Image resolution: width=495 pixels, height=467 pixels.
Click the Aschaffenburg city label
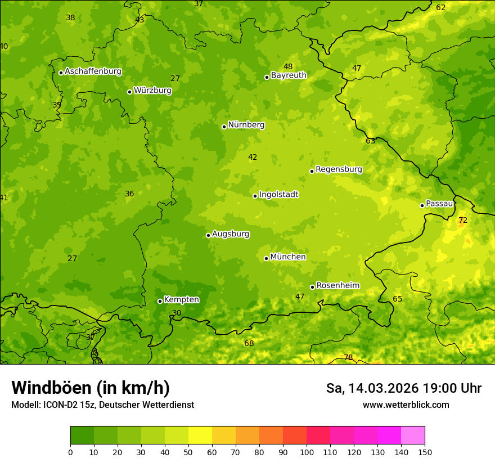(x=93, y=71)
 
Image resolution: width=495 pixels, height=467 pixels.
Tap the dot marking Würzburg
(x=129, y=92)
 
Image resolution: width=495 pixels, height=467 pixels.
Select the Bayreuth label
(x=289, y=75)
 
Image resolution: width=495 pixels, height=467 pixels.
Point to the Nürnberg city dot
(x=224, y=127)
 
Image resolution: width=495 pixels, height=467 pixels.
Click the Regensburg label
(x=339, y=169)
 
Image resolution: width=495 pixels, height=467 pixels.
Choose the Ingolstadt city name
(x=278, y=195)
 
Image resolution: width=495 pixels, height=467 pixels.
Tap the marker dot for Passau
(x=422, y=205)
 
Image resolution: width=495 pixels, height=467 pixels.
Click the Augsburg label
(x=231, y=234)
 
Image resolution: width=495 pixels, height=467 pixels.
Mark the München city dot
(x=266, y=258)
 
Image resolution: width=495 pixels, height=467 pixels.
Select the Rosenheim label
(x=337, y=286)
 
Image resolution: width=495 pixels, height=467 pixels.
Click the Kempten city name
(x=181, y=300)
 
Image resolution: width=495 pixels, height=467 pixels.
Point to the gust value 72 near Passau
(x=462, y=221)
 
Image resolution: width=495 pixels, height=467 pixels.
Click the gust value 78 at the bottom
(x=348, y=358)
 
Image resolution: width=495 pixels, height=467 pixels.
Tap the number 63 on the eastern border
(x=370, y=141)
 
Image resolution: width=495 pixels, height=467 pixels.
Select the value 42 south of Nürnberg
(x=253, y=158)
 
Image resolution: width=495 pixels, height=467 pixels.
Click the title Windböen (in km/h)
(x=90, y=388)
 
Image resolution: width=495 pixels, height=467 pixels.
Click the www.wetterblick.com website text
(x=406, y=405)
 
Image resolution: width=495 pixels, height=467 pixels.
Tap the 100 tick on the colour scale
(x=307, y=452)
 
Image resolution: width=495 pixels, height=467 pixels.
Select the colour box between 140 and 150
(x=413, y=435)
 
